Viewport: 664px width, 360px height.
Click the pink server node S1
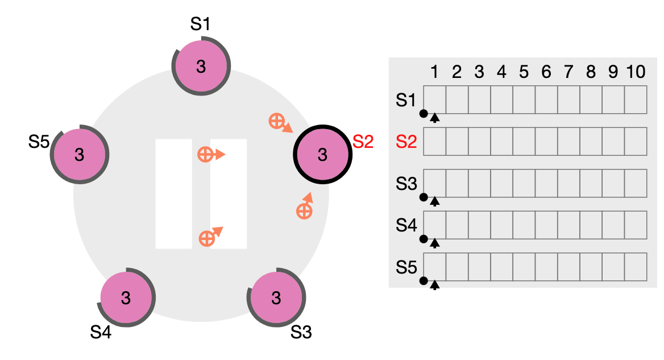click(201, 67)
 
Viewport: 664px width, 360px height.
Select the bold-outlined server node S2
click(322, 155)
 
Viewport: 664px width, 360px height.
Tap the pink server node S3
click(276, 298)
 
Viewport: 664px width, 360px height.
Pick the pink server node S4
click(126, 297)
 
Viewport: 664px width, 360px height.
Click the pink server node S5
click(79, 154)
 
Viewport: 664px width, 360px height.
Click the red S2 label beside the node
click(363, 142)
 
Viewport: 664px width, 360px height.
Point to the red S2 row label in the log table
click(406, 142)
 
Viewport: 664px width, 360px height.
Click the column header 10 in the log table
click(636, 72)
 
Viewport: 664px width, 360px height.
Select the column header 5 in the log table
click(524, 72)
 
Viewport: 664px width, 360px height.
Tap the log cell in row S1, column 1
click(434, 100)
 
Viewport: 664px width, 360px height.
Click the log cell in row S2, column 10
click(636, 142)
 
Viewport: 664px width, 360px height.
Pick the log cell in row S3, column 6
click(546, 183)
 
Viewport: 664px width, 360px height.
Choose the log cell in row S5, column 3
click(479, 267)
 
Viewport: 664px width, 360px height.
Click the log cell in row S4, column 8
click(591, 225)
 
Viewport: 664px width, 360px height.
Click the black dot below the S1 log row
click(423, 114)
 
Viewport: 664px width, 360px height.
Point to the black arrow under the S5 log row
click(435, 284)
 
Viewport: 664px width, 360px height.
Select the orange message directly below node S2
click(304, 211)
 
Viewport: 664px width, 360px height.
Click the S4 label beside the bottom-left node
click(101, 332)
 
